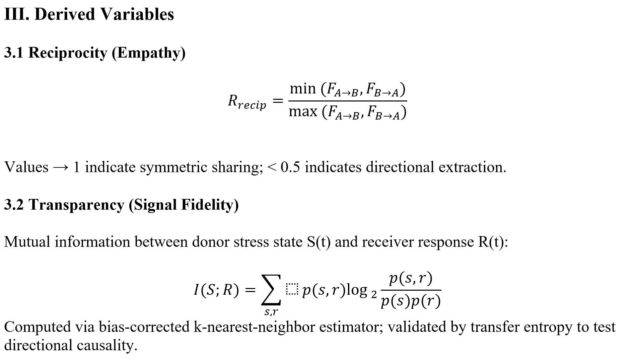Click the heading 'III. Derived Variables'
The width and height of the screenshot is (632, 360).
pos(89,14)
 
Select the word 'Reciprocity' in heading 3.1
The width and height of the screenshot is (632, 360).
pos(67,53)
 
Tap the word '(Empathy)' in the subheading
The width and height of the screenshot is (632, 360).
pos(148,53)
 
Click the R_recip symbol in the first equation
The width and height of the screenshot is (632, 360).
pos(247,101)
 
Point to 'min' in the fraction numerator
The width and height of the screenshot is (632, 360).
pos(303,89)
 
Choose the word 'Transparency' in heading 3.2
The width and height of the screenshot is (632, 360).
pos(76,205)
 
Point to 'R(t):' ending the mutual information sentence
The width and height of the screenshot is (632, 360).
pos(493,242)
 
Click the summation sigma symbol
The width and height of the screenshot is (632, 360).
pos(271,290)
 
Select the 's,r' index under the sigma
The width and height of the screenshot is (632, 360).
pos(271,312)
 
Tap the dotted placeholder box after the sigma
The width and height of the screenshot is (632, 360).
pos(292,290)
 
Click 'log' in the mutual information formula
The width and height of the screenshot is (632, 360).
pos(357,290)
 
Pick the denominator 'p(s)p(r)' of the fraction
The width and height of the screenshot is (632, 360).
pos(411,302)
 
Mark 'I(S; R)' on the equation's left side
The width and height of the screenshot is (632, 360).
pos(216,290)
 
